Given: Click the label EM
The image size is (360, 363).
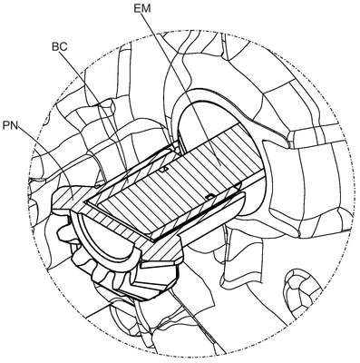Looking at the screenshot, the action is [142, 8].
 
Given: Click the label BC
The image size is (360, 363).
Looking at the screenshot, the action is [59, 47].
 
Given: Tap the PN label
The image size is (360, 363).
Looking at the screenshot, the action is [10, 125].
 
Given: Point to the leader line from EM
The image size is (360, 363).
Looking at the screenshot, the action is [180, 87].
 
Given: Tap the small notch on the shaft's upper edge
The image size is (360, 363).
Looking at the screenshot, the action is [163, 170].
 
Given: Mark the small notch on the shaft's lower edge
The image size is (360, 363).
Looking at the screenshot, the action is [209, 197].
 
